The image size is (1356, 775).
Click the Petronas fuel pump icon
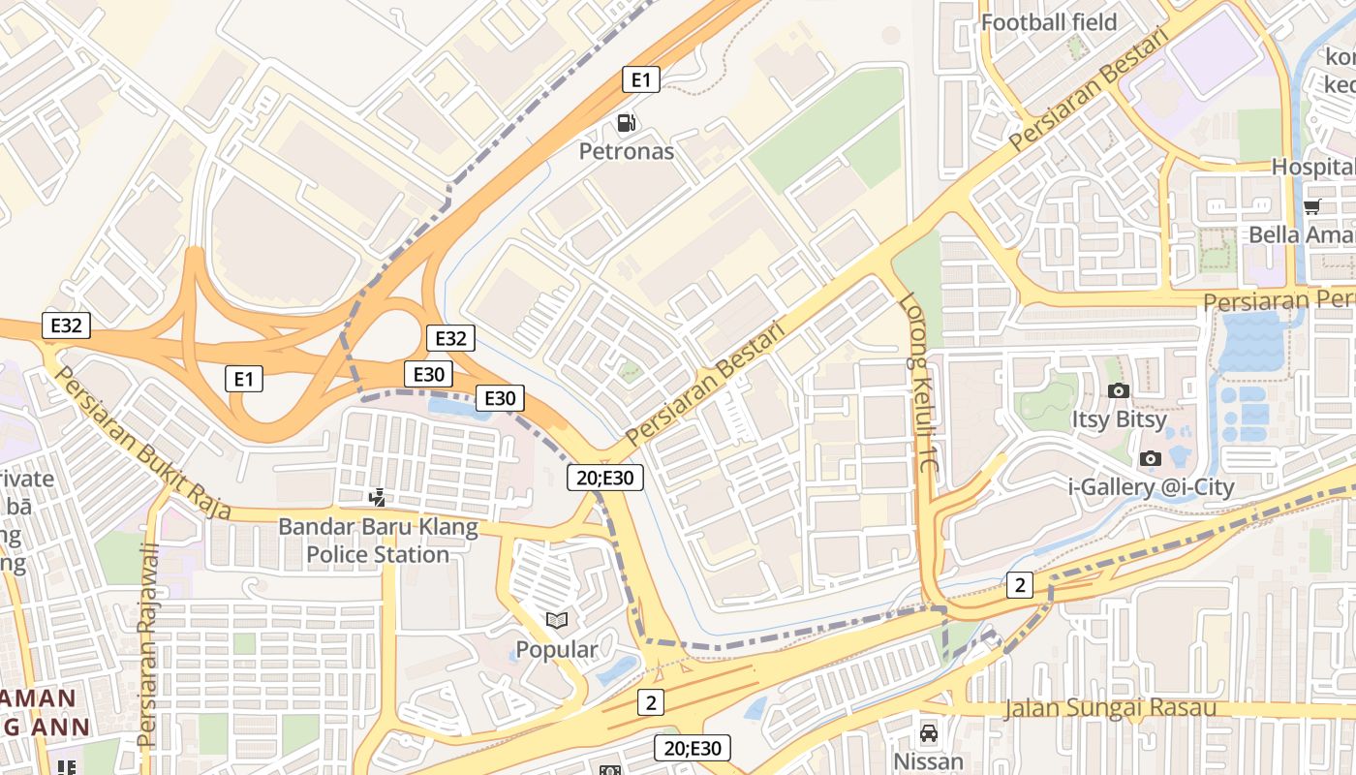point(627,123)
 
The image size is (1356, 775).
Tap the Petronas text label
point(627,151)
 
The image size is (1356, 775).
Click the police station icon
point(378,498)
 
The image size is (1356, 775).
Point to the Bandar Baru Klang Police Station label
point(378,542)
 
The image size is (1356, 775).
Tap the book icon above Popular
point(557,621)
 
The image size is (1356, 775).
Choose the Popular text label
point(557,649)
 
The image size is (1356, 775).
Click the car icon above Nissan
point(929,733)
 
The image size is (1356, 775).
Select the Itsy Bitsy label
point(1119,419)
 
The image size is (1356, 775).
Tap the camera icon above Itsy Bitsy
point(1119,390)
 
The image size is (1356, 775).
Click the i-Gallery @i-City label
point(1151,486)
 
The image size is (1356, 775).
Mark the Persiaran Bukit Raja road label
point(141,442)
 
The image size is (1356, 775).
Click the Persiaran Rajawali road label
point(148,645)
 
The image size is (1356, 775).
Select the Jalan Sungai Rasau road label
point(1110,708)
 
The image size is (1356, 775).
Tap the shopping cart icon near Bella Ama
point(1312,205)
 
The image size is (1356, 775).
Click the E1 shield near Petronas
point(640,79)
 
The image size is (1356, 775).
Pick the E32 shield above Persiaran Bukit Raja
point(66,325)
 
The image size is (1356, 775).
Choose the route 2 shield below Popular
point(651,702)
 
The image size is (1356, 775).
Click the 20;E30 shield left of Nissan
point(692,748)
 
